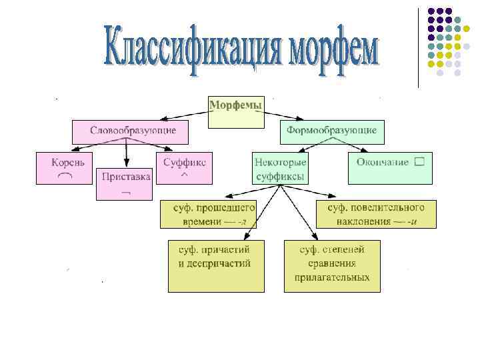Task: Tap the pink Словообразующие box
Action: tap(129, 131)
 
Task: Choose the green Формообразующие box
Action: tap(332, 131)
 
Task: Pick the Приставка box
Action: tap(125, 183)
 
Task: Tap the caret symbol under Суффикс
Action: tap(185, 175)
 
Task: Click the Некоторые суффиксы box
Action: tap(280, 169)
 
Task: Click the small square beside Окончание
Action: tap(419, 161)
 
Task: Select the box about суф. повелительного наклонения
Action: tap(376, 213)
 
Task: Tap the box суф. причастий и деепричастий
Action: tap(215, 265)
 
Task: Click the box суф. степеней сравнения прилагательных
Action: tap(332, 265)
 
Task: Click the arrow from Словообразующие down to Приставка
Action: tap(125, 155)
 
